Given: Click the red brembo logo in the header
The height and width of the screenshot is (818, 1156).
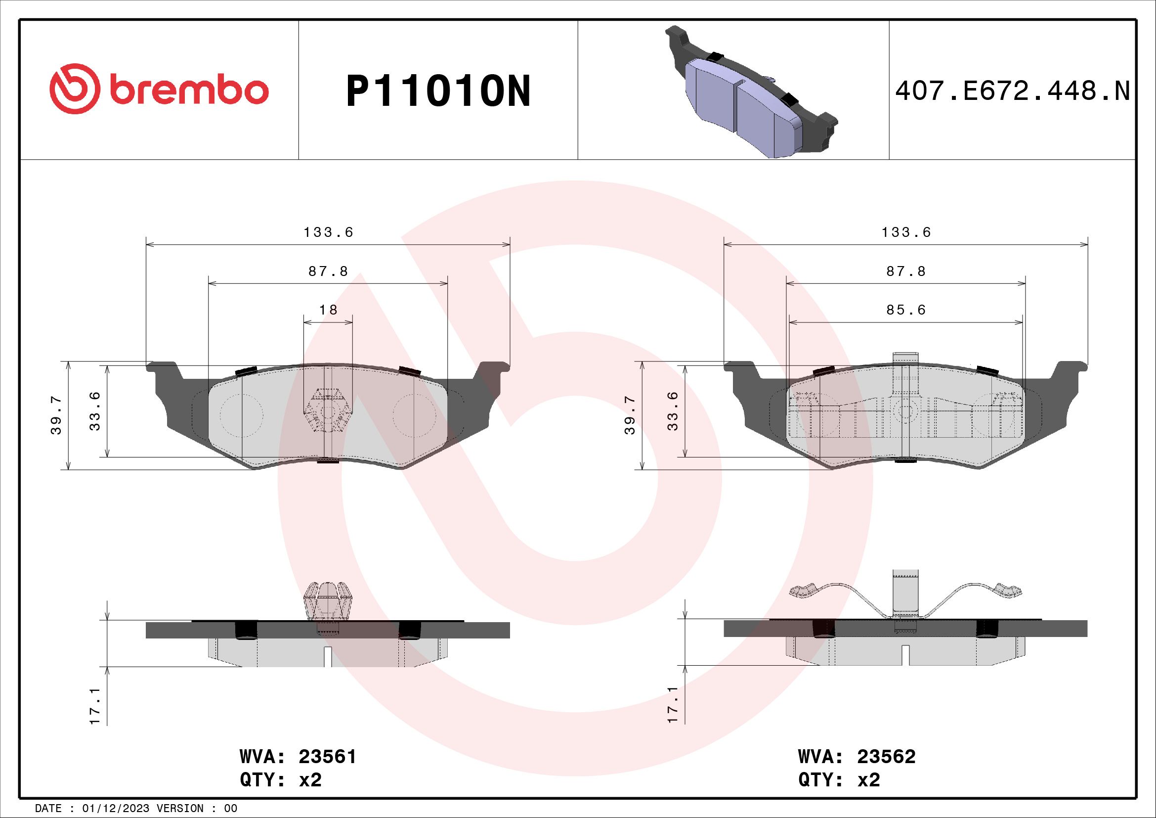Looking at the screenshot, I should [x=159, y=91].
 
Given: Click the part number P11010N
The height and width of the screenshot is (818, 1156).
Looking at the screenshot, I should [x=438, y=91].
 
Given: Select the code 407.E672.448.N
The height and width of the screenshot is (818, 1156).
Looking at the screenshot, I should [x=1013, y=91].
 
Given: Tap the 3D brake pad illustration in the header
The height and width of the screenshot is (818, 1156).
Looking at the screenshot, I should [x=750, y=93].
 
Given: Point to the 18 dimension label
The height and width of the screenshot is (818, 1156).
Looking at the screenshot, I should [x=328, y=310].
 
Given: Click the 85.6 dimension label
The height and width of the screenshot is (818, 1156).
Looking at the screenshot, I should [x=906, y=310].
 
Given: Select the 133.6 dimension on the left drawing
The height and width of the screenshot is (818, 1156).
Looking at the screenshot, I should [x=328, y=232].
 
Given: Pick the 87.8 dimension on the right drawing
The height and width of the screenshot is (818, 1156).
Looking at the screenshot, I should [x=906, y=272].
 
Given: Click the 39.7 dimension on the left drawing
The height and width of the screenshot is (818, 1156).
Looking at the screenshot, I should [x=56, y=415].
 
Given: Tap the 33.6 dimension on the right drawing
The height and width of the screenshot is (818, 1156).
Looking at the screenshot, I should [x=673, y=411].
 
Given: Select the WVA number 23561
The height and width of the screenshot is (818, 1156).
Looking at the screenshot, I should [x=327, y=757].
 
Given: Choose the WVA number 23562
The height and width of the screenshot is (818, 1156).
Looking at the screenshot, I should [x=886, y=757].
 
